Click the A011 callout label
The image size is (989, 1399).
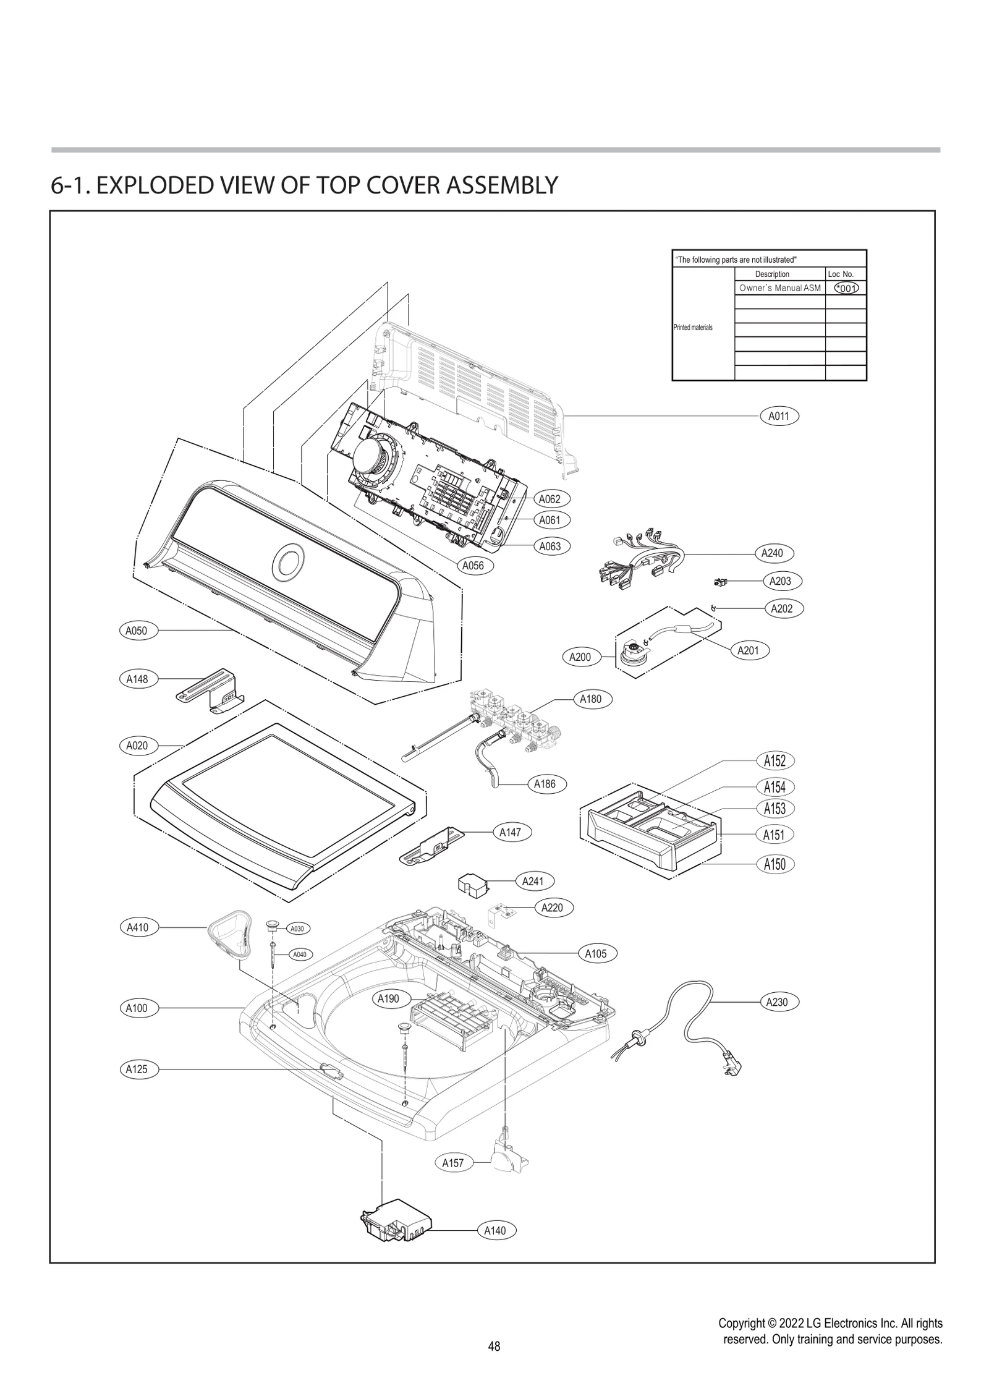[779, 416]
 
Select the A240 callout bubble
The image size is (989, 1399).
[772, 553]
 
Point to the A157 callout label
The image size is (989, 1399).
[453, 1163]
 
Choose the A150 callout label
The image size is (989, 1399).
[775, 864]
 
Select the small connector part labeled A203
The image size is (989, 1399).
[719, 582]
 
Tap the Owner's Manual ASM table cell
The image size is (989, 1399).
[780, 288]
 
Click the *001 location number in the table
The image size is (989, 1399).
[846, 288]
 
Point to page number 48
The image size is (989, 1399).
[494, 1346]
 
